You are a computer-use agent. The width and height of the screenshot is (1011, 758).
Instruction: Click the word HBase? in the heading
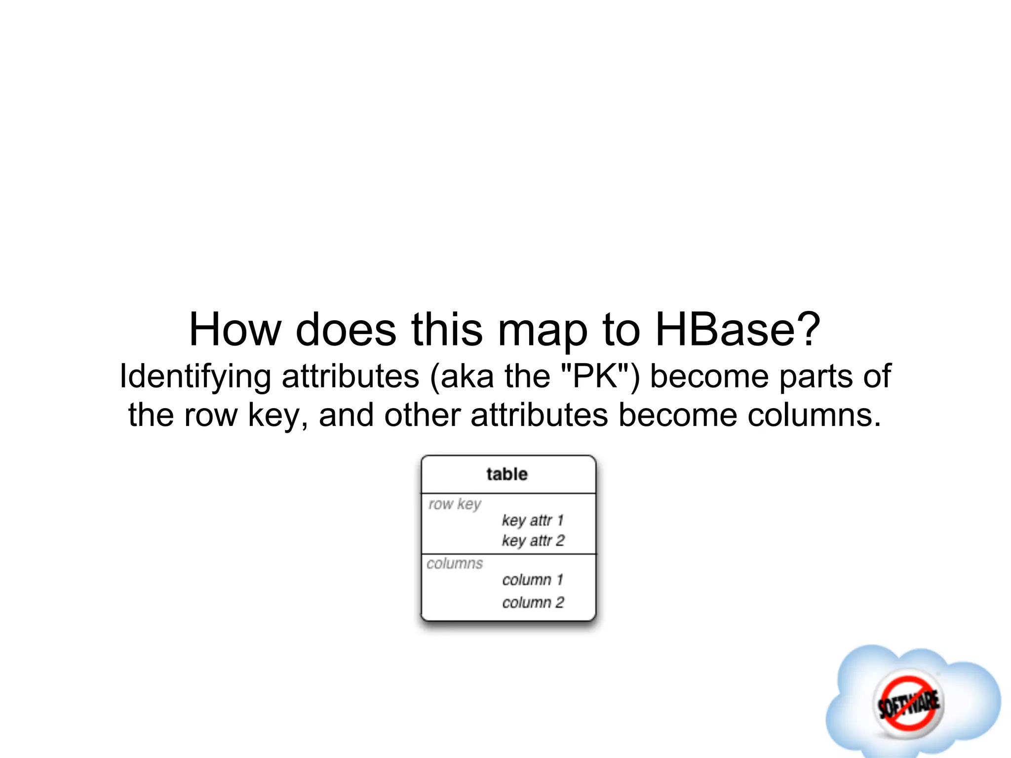738,330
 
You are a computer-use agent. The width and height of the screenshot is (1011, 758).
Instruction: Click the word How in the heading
234,330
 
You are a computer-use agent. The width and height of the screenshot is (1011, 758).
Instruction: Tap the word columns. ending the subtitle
814,415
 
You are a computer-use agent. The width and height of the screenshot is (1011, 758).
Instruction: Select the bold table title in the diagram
507,474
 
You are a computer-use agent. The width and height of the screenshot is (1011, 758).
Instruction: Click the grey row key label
455,504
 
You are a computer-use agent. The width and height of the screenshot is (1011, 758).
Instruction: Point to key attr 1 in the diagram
533,520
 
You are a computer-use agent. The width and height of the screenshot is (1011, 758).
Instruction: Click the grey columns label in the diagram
455,564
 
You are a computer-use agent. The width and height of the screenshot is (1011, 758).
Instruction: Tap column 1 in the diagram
533,580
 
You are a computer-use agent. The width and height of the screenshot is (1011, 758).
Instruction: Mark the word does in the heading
346,330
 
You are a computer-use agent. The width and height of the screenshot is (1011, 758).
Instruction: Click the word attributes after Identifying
350,376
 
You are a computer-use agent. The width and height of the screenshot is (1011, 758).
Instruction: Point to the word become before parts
708,376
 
